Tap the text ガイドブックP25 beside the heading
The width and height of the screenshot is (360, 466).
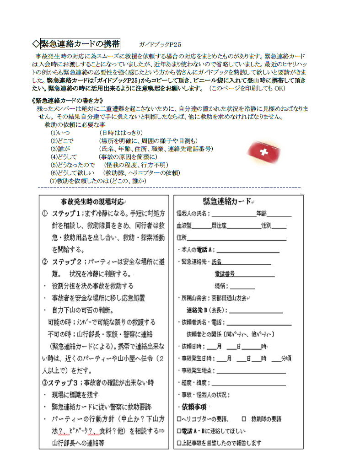click(x=160, y=44)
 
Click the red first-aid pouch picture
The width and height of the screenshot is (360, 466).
click(x=263, y=151)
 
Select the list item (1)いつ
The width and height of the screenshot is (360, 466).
click(x=60, y=133)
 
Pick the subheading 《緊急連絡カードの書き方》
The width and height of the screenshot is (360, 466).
click(x=67, y=100)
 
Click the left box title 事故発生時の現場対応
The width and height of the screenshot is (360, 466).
click(x=92, y=201)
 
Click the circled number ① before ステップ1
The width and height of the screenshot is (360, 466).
click(x=45, y=214)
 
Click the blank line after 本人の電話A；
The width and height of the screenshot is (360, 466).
click(x=248, y=250)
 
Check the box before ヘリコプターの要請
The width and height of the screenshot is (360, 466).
click(x=179, y=418)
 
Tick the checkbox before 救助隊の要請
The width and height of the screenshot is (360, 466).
click(x=244, y=418)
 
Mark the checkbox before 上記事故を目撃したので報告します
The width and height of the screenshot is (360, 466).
click(x=179, y=443)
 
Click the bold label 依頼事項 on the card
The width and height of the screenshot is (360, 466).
click(x=191, y=407)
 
